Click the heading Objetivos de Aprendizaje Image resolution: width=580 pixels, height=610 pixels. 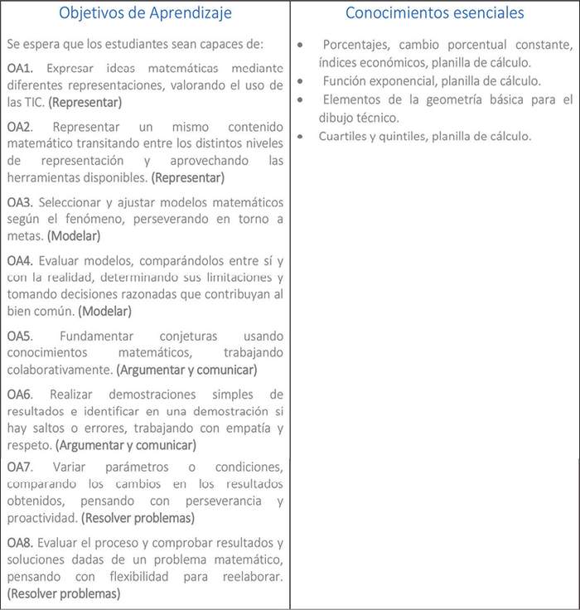tap(145, 13)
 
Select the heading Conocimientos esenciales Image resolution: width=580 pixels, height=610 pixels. tap(434, 13)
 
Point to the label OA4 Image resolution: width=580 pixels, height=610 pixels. tap(21, 260)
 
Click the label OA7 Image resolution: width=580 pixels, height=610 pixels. tap(21, 467)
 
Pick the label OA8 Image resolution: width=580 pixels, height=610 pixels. tap(21, 543)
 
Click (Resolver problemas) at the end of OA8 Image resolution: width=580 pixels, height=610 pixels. tap(63, 593)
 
